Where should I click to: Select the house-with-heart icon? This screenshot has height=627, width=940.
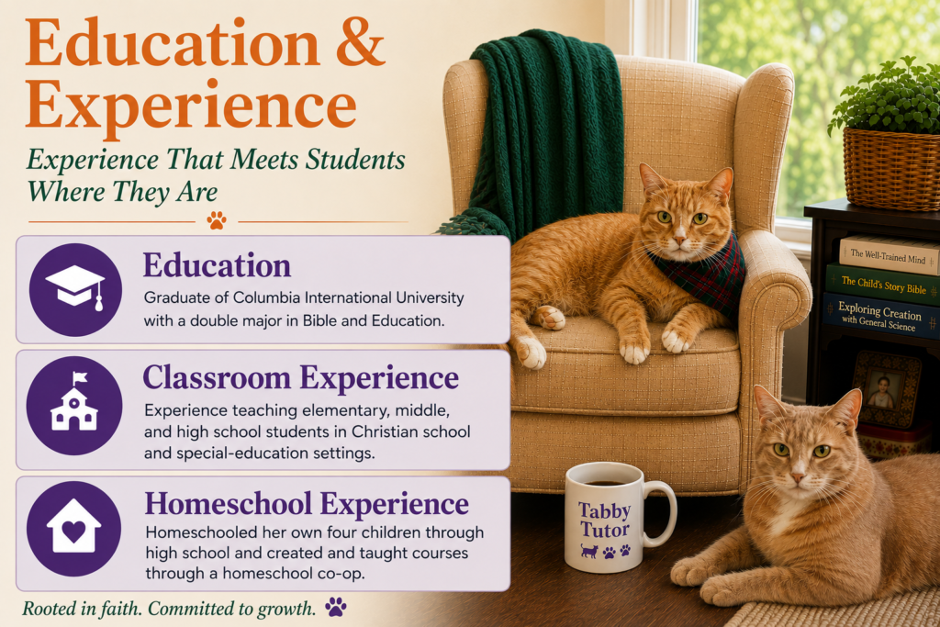click(x=73, y=526)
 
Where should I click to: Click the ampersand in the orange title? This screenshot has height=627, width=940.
click(x=360, y=43)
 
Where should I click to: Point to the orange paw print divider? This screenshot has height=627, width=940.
click(x=217, y=220)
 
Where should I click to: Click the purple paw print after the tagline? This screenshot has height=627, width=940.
click(x=336, y=607)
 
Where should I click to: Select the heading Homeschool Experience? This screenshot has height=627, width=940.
click(x=307, y=503)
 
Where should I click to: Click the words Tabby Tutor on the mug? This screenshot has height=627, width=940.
click(x=604, y=521)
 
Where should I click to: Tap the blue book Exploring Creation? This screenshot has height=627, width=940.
click(x=880, y=317)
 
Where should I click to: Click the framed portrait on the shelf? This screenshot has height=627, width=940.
click(x=886, y=389)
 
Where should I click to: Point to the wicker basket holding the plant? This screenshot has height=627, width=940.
click(x=891, y=170)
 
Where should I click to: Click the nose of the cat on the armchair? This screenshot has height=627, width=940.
click(x=679, y=241)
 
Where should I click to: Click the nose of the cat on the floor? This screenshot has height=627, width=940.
click(x=798, y=477)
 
